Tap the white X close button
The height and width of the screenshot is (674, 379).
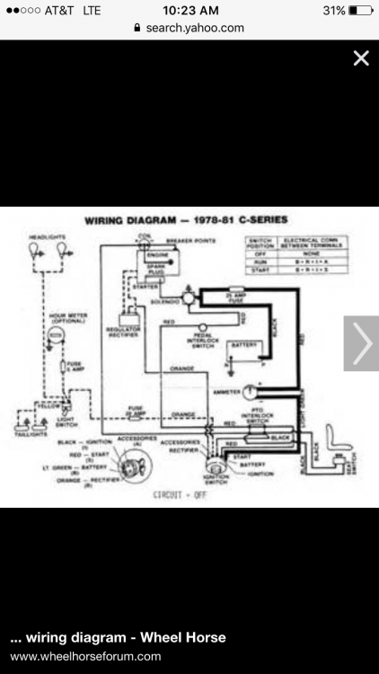point(361,59)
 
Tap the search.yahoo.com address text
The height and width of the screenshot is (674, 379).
point(195,28)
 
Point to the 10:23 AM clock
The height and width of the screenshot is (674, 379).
point(189,11)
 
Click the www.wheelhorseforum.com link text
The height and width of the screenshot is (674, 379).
point(79,658)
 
